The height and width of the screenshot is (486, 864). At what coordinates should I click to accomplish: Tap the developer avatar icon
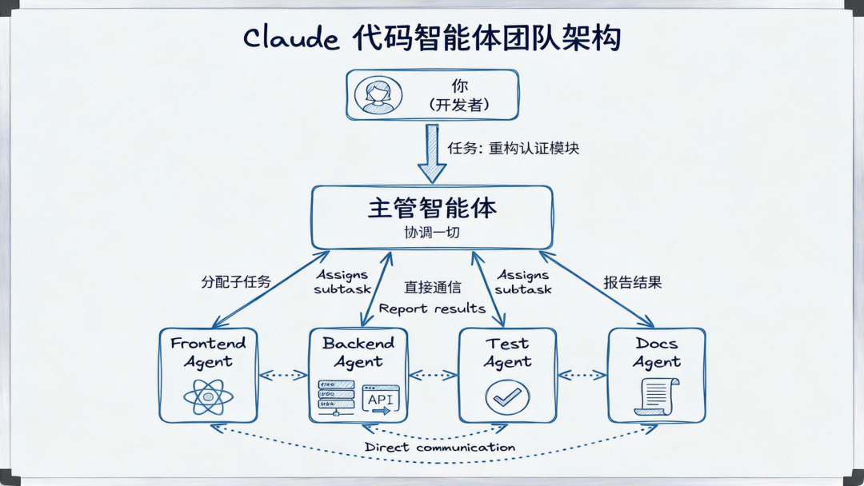[378, 95]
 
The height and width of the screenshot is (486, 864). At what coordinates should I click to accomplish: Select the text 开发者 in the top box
[458, 105]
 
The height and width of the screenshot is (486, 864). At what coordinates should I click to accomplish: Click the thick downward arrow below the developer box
[432, 153]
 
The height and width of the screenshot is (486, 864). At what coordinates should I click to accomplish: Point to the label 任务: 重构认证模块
[513, 149]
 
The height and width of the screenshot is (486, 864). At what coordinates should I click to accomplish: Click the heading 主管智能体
[432, 208]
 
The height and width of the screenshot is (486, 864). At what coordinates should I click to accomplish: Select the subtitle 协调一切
[432, 233]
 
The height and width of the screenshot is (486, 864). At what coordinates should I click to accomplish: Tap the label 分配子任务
[236, 282]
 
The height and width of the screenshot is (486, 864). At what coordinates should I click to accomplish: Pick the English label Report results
[432, 309]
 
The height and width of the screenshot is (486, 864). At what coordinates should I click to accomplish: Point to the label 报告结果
[632, 282]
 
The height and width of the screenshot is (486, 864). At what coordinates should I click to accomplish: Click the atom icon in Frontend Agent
[208, 396]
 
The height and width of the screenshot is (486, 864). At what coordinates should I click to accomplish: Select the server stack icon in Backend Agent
[335, 397]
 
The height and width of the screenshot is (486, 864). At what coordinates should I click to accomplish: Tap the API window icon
[381, 399]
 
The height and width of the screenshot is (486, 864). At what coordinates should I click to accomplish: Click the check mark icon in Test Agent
[507, 396]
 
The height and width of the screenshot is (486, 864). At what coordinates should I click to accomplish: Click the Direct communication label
[440, 448]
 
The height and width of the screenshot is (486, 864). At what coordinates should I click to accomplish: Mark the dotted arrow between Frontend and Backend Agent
[283, 374]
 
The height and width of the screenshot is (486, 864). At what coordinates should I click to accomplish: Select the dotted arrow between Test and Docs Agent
[582, 374]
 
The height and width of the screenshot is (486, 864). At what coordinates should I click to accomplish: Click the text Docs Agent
[657, 353]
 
